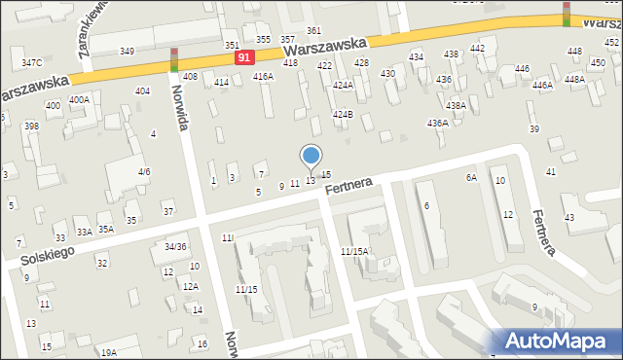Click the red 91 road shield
pyautogui.click(x=245, y=58)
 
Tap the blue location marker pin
pyautogui.click(x=311, y=157)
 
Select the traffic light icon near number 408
pyautogui.click(x=174, y=59)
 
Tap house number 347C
pyautogui.click(x=31, y=62)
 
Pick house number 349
pyautogui.click(x=127, y=51)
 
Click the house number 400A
pyautogui.click(x=79, y=99)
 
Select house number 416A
pyautogui.click(x=263, y=76)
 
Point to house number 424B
pyautogui.click(x=342, y=114)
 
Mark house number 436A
pyautogui.click(x=438, y=123)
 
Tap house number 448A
pyautogui.click(x=574, y=80)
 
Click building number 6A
pyautogui.click(x=471, y=177)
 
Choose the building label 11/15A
pyautogui.click(x=352, y=251)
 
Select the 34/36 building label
pyautogui.click(x=174, y=246)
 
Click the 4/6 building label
pyautogui.click(x=143, y=171)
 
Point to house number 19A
pyautogui.click(x=108, y=352)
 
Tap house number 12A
pyautogui.click(x=190, y=286)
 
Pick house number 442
pyautogui.click(x=477, y=48)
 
